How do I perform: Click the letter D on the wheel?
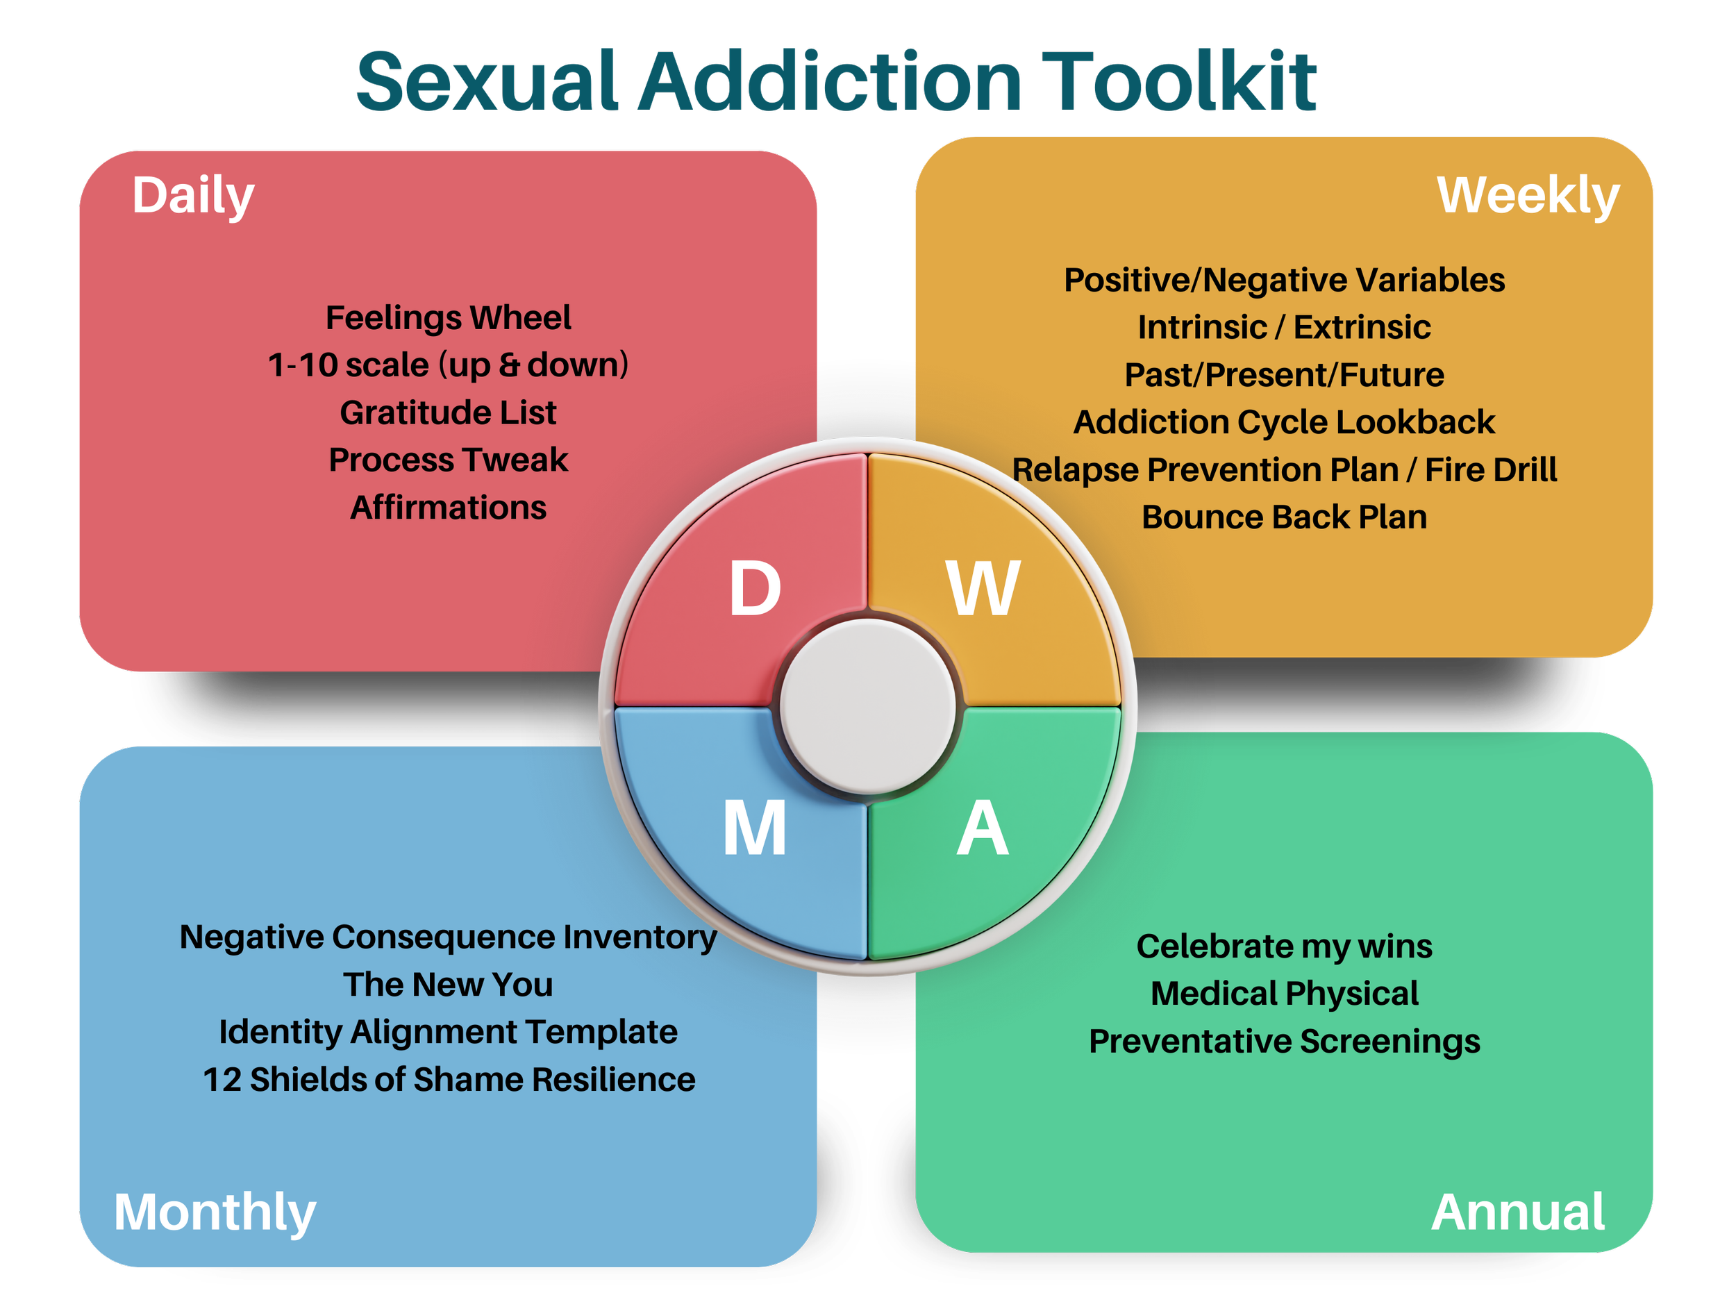pyautogui.click(x=755, y=589)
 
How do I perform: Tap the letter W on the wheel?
pyautogui.click(x=983, y=589)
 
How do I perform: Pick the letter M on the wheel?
pyautogui.click(x=755, y=828)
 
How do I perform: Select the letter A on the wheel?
pyautogui.click(x=983, y=828)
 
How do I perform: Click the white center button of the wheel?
pyautogui.click(x=868, y=706)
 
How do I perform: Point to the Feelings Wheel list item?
pyautogui.click(x=448, y=318)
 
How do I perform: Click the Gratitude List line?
pyautogui.click(x=448, y=412)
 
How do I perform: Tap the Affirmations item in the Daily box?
pyautogui.click(x=448, y=508)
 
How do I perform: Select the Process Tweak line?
pyautogui.click(x=448, y=460)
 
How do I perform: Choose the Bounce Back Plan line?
pyautogui.click(x=1284, y=517)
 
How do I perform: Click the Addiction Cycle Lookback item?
pyautogui.click(x=1284, y=422)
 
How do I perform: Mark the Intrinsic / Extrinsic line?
pyautogui.click(x=1284, y=327)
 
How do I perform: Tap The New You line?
pyautogui.click(x=448, y=984)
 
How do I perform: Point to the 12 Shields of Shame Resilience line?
pyautogui.click(x=448, y=1079)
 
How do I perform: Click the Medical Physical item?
pyautogui.click(x=1284, y=994)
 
